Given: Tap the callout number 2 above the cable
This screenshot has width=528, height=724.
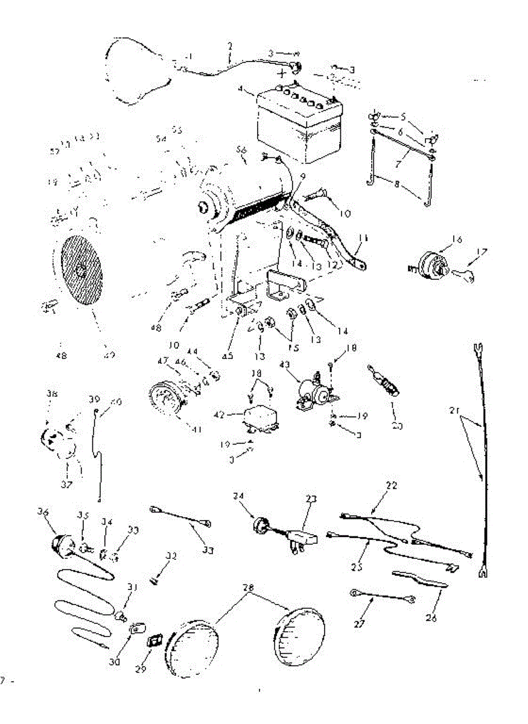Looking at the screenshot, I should pos(230,45).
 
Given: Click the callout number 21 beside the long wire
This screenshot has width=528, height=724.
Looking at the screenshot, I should pos(456,412).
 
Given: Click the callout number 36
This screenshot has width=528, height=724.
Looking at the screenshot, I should pos(43,512).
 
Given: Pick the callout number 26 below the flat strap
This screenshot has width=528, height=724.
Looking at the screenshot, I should pos(431,618).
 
